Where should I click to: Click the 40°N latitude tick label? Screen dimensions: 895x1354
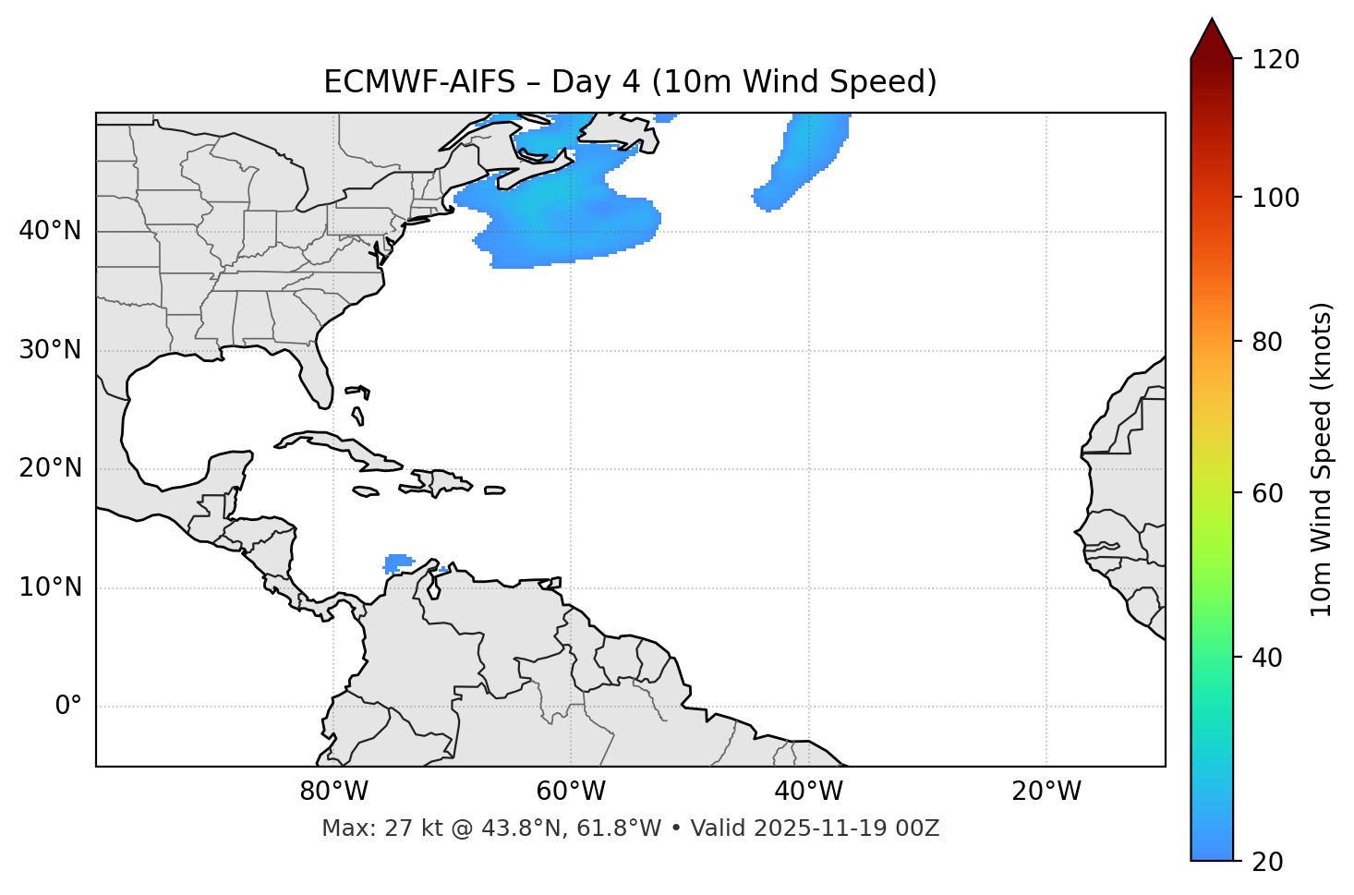(50, 231)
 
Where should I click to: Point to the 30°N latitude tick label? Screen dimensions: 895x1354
(50, 350)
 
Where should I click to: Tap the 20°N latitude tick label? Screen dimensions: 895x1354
(50, 468)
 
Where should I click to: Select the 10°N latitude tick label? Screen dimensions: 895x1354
(50, 587)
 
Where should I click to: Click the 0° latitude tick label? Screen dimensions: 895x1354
(67, 707)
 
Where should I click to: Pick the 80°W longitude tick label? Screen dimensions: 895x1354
(333, 792)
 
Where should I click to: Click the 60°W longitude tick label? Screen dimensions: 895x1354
(571, 792)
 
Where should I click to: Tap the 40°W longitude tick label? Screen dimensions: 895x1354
(808, 792)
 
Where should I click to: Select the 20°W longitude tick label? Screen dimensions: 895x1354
(1046, 792)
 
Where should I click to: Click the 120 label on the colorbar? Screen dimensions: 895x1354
(1276, 60)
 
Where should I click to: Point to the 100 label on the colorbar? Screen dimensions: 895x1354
(1276, 198)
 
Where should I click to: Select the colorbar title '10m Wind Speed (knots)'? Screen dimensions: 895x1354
(1322, 460)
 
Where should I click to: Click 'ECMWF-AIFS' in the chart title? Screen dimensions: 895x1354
(419, 82)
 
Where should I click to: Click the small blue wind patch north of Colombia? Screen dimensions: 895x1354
(398, 562)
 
